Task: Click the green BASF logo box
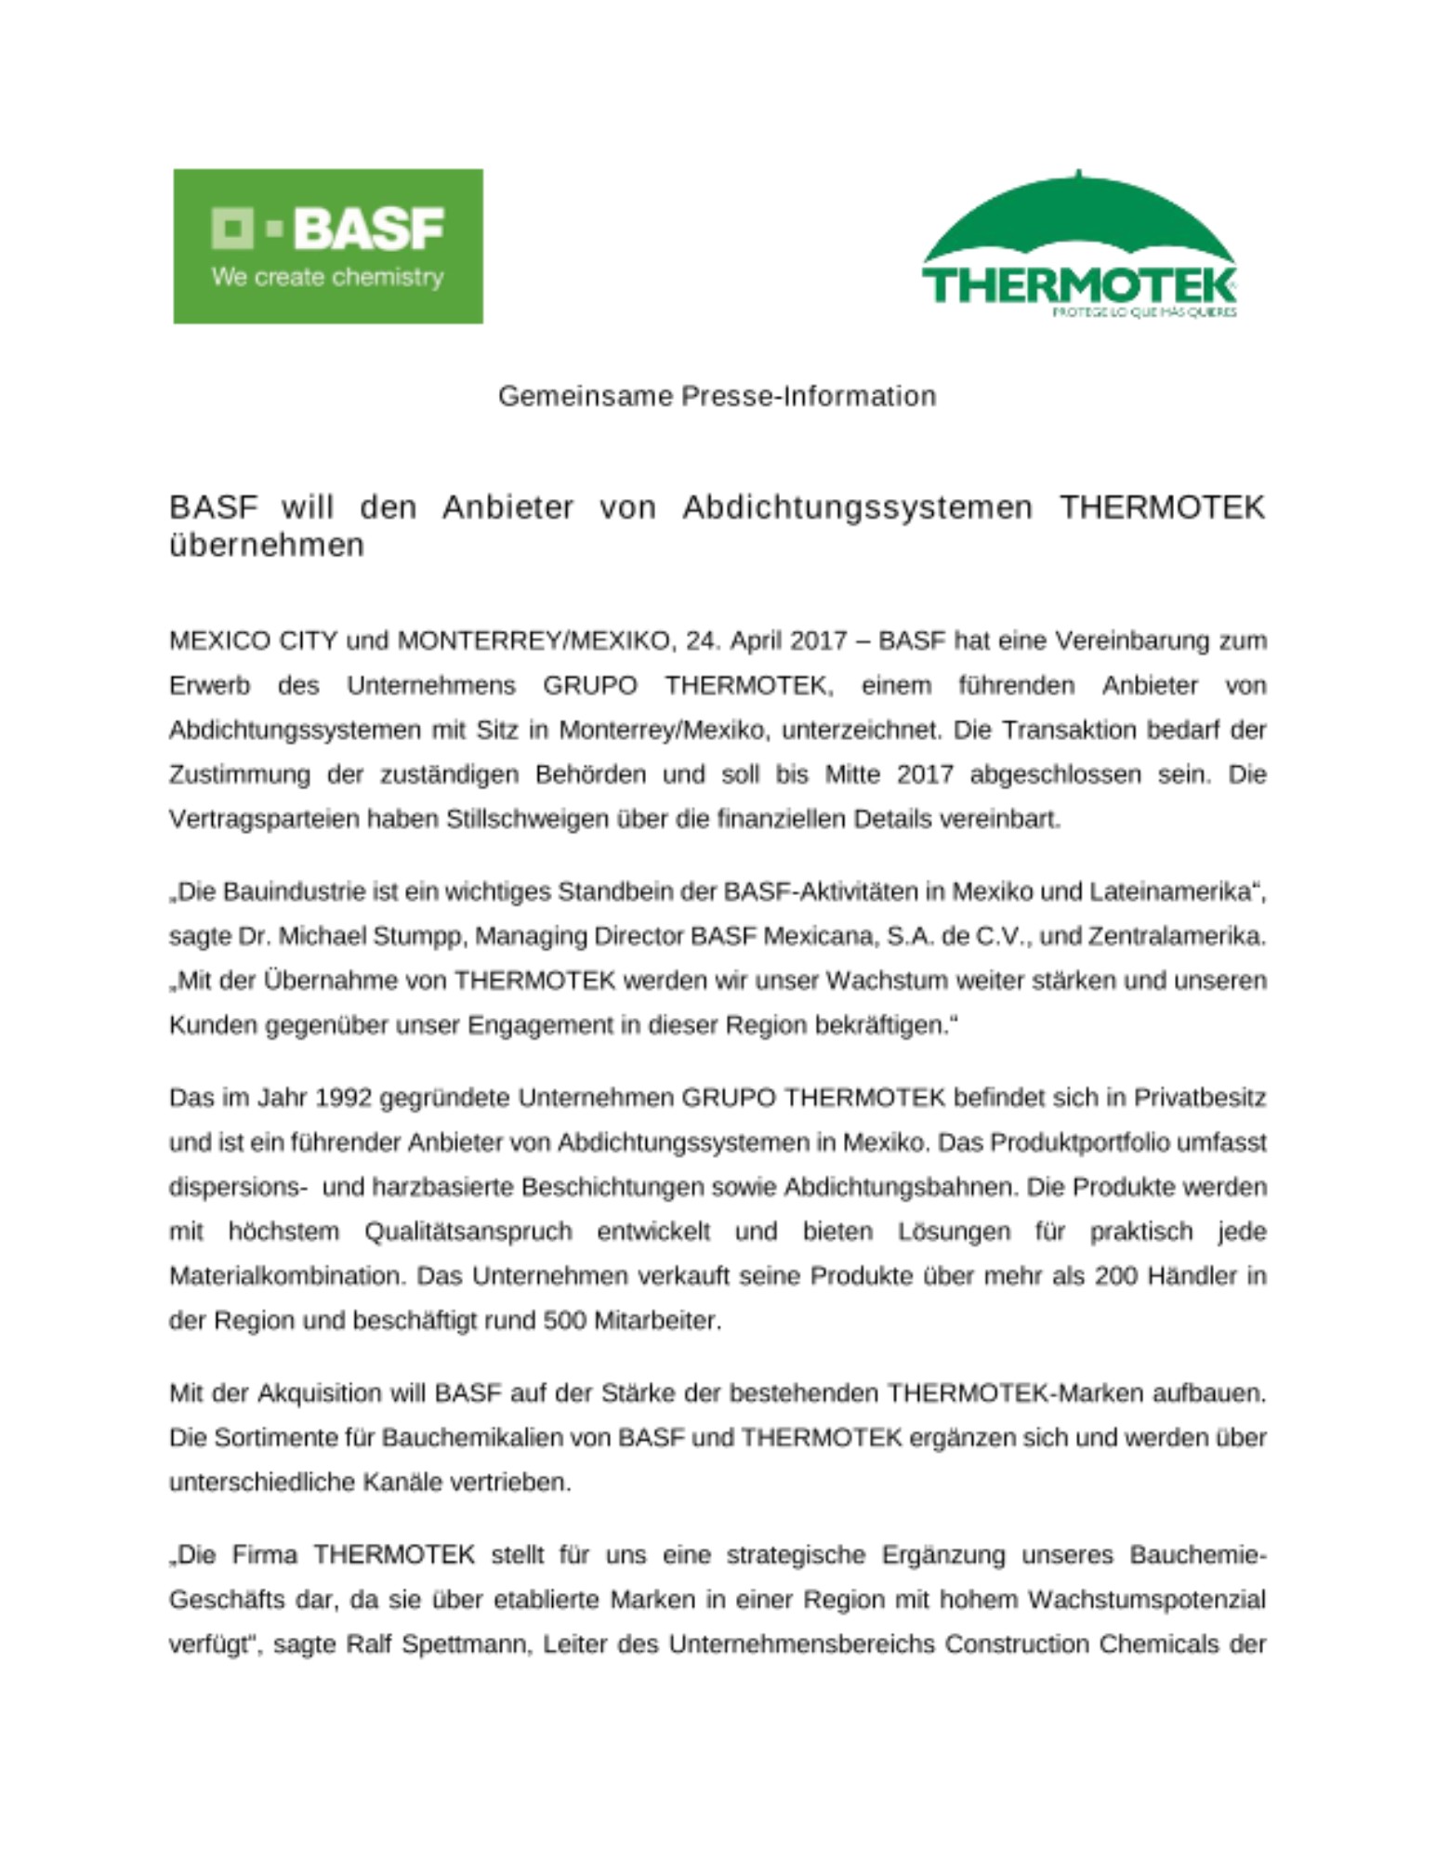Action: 327,245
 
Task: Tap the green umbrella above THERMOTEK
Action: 1078,218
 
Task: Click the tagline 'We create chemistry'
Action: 327,277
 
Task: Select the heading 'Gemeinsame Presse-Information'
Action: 717,396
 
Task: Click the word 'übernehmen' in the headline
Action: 267,546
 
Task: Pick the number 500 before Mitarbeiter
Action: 564,1321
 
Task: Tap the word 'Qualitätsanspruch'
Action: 468,1232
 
